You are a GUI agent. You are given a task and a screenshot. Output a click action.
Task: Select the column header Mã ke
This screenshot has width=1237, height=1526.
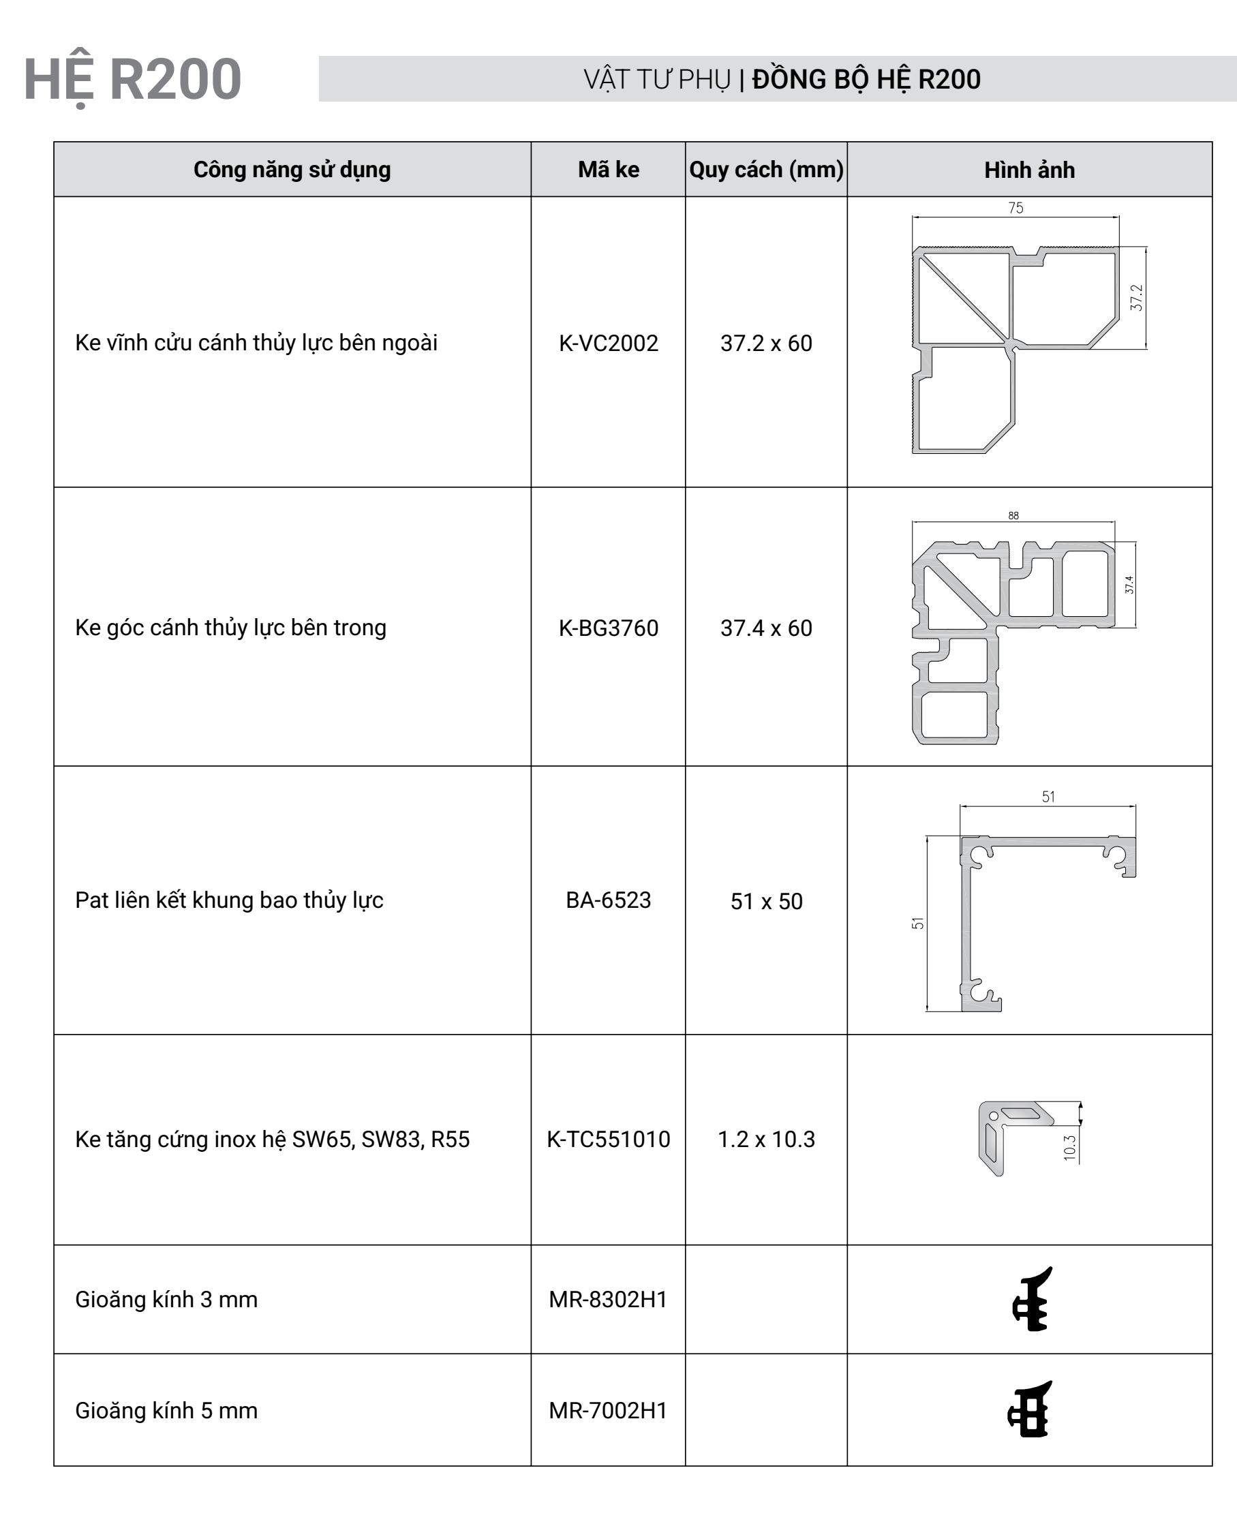[608, 170]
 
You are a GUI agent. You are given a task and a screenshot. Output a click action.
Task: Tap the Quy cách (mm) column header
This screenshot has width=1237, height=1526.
[766, 170]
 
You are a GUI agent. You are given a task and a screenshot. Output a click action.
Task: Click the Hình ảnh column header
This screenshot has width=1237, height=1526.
[1029, 170]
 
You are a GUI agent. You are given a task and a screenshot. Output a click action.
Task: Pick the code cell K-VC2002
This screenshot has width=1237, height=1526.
[608, 343]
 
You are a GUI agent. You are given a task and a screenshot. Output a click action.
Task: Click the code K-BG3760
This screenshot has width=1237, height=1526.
[608, 628]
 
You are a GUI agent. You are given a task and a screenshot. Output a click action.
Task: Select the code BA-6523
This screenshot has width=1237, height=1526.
[608, 900]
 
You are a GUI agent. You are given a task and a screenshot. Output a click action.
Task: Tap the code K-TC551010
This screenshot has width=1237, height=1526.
[608, 1139]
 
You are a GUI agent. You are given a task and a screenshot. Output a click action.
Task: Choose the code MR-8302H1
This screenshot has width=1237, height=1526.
[608, 1300]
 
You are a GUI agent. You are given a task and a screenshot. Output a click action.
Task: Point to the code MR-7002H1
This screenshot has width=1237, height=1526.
[608, 1411]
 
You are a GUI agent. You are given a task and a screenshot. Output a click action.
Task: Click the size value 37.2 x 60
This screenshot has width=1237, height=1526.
[766, 343]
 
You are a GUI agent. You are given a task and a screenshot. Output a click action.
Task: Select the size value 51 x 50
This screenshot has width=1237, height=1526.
[766, 901]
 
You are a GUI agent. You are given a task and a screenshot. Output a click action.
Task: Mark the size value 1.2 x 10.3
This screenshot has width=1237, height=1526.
[766, 1139]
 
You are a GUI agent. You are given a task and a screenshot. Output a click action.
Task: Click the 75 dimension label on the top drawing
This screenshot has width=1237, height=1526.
[1015, 207]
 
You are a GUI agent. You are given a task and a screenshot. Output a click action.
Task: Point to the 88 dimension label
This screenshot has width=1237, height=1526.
[1013, 515]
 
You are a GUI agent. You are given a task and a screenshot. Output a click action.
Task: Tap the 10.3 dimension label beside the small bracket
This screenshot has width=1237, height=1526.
[1069, 1148]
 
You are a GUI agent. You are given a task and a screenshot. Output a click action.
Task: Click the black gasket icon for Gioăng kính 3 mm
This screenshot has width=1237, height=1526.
[1032, 1299]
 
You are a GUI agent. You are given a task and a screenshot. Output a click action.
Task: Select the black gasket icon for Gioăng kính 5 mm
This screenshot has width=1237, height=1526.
[1030, 1410]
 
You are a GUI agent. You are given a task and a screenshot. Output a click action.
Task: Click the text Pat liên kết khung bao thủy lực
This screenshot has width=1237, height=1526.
[229, 900]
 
